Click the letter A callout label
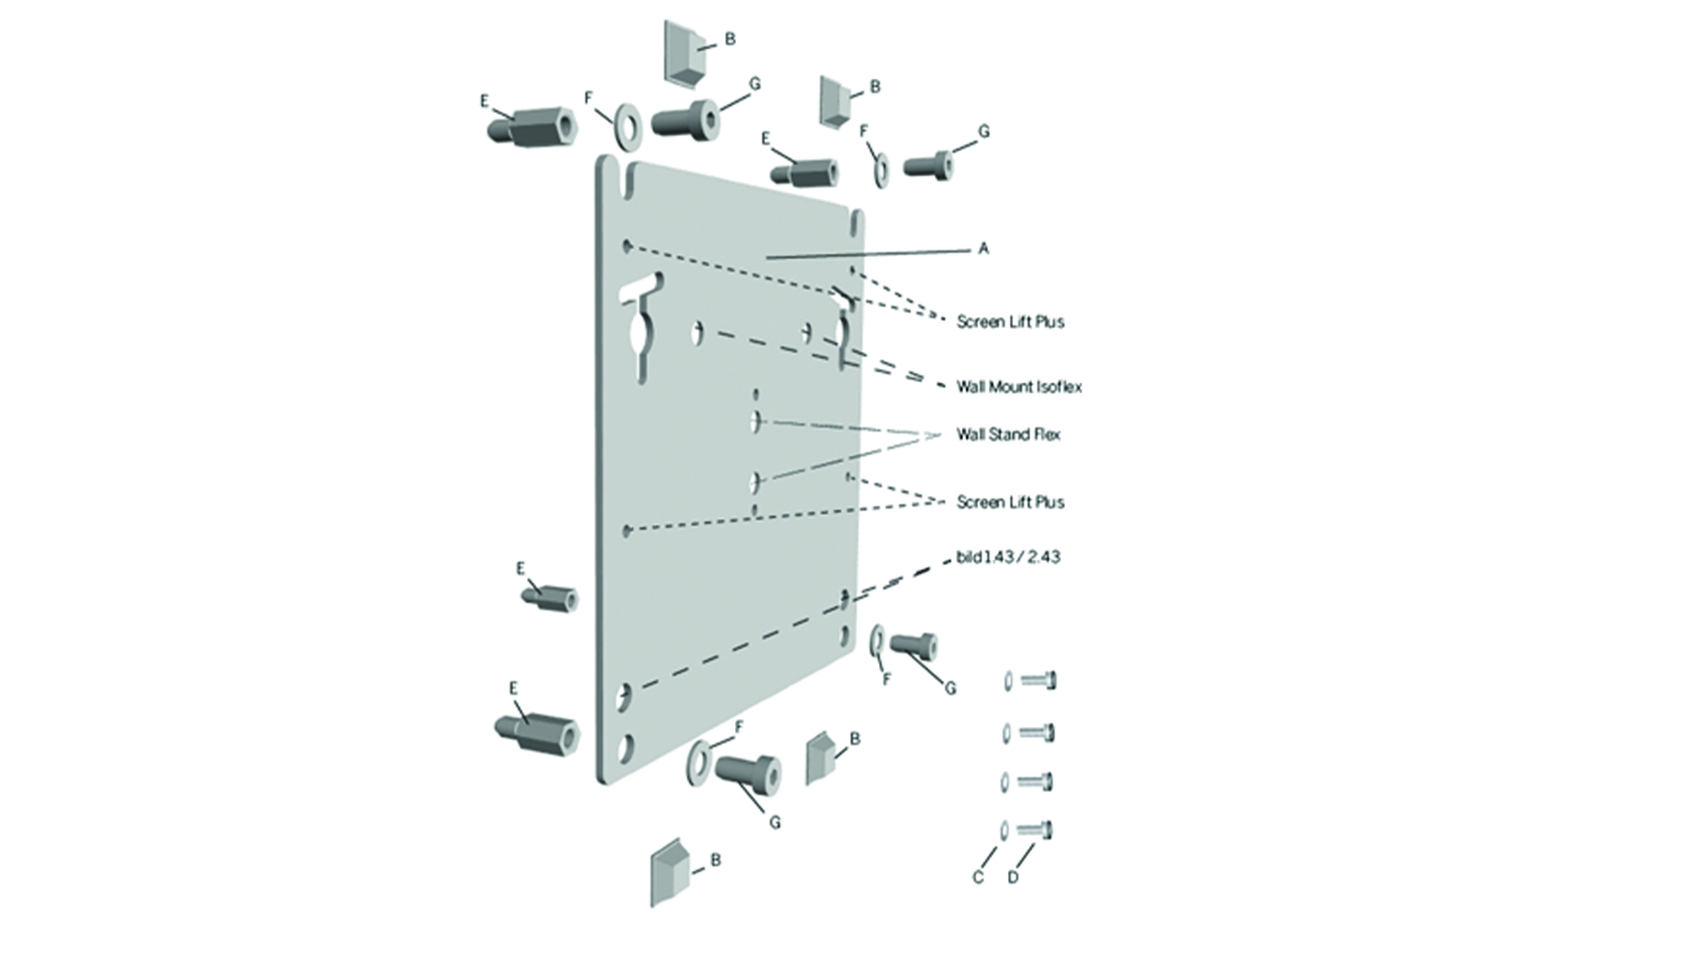pyautogui.click(x=983, y=249)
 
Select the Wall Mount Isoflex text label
pyautogui.click(x=1019, y=387)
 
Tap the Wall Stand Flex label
pyautogui.click(x=1008, y=434)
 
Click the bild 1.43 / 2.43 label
pyautogui.click(x=1008, y=557)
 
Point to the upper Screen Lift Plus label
pyautogui.click(x=1010, y=322)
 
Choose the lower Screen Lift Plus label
pyautogui.click(x=1010, y=502)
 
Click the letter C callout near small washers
pyautogui.click(x=977, y=877)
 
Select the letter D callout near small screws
pyautogui.click(x=1013, y=877)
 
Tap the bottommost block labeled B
pyautogui.click(x=671, y=872)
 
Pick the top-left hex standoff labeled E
pyautogui.click(x=533, y=127)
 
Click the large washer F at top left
pyautogui.click(x=628, y=126)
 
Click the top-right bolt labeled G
pyautogui.click(x=929, y=165)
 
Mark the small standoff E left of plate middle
pyautogui.click(x=552, y=599)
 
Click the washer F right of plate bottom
pyautogui.click(x=878, y=642)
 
